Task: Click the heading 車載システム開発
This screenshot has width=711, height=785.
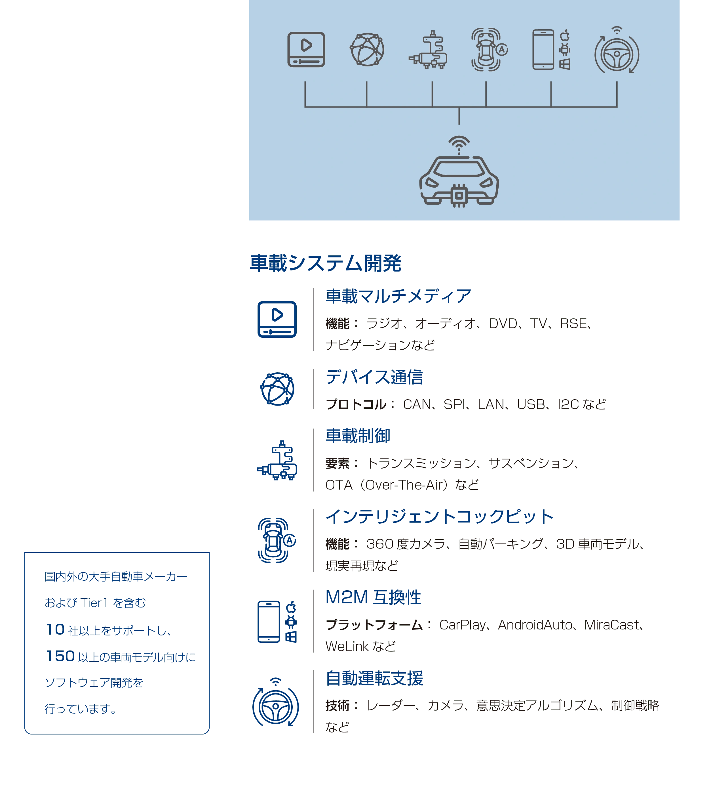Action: (325, 263)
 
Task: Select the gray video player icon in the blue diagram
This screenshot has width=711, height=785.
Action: (306, 49)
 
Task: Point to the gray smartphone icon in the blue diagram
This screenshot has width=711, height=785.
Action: (543, 49)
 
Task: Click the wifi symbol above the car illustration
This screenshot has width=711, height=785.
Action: (459, 144)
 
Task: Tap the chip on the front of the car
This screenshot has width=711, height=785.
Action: (459, 196)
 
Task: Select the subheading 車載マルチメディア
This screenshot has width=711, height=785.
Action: (398, 296)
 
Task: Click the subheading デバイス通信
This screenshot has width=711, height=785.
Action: (374, 377)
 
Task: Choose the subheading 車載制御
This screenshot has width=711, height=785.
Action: (358, 436)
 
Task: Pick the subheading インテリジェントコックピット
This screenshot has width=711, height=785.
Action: (439, 517)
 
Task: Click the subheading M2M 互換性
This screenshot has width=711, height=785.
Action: (373, 597)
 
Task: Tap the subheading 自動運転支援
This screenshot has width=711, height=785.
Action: (374, 678)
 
